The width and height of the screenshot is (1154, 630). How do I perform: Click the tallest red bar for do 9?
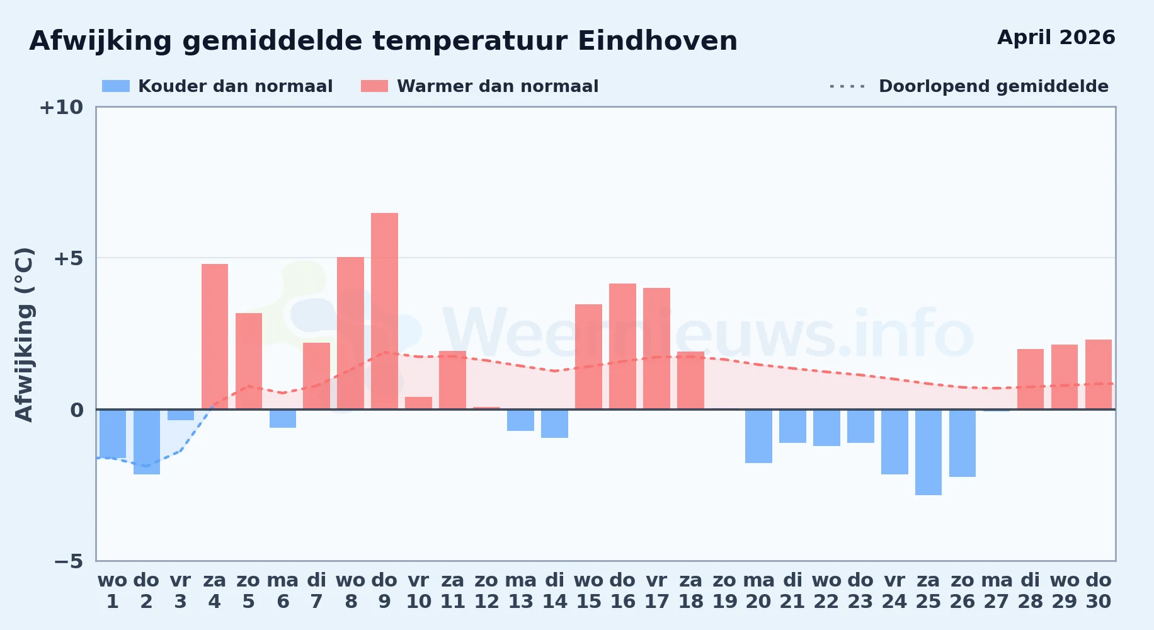coord(384,311)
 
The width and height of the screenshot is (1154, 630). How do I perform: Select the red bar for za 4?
coord(215,336)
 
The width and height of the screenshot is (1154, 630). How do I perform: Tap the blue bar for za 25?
coord(928,452)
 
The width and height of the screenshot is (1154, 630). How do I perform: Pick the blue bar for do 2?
coord(147,442)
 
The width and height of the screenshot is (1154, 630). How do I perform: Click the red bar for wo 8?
coord(350,333)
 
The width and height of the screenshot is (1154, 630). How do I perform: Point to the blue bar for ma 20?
coord(758,436)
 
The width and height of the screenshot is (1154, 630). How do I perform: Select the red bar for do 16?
coord(622,346)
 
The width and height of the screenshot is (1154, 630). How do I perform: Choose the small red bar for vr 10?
coord(418,403)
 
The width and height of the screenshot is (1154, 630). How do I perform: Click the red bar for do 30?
coord(1099,374)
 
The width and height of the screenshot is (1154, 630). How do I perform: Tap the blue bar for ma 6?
coord(283,418)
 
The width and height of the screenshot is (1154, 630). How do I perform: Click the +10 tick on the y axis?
coord(61,107)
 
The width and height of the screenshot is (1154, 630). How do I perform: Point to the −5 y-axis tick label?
coord(68,561)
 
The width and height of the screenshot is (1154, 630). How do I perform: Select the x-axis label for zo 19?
coord(724,591)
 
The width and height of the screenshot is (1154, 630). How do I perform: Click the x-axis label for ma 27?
coord(997,591)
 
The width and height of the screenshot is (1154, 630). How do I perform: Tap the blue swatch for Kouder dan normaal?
coord(116,86)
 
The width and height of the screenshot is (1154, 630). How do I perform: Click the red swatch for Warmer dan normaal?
coord(374,86)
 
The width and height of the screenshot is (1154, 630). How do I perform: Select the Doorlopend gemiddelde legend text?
coord(993,86)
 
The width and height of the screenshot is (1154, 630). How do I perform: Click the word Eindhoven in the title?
coord(658,41)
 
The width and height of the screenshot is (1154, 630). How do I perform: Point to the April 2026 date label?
coord(1056,37)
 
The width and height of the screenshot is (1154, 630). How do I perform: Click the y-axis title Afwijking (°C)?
coord(24,335)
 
